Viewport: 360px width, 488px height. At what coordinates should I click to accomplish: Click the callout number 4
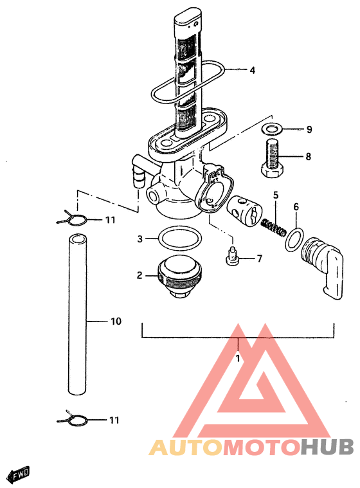point(253,70)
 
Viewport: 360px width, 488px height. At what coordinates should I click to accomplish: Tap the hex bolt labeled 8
point(273,159)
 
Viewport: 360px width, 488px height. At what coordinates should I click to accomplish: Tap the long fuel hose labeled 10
point(77,314)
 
